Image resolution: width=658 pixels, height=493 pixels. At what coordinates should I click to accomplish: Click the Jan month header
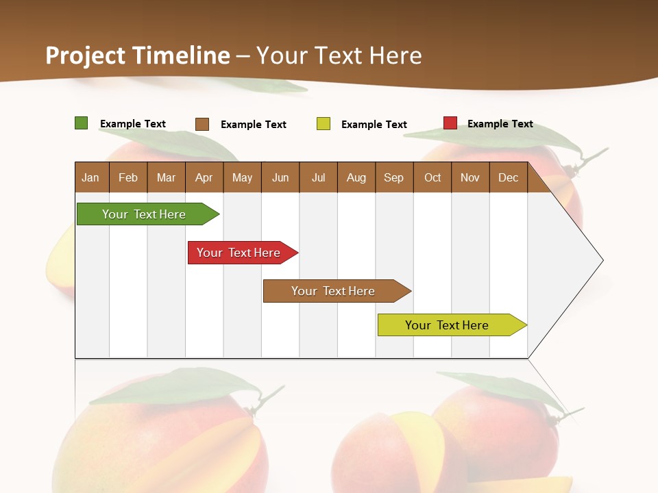pyautogui.click(x=91, y=177)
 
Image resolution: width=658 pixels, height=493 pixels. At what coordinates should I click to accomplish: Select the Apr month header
pyautogui.click(x=204, y=177)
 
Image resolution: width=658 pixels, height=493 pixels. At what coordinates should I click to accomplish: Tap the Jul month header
pyautogui.click(x=318, y=177)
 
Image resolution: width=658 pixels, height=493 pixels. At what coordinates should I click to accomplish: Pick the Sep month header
pyautogui.click(x=393, y=177)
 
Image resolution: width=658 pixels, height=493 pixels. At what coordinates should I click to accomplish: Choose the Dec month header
pyautogui.click(x=508, y=177)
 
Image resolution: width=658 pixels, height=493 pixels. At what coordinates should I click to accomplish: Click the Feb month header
pyautogui.click(x=128, y=177)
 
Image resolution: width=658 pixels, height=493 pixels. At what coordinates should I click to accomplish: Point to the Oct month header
pyautogui.click(x=432, y=177)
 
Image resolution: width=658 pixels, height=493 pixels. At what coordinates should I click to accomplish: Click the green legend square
pyautogui.click(x=82, y=123)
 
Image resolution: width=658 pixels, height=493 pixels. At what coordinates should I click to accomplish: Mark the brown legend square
pyautogui.click(x=202, y=124)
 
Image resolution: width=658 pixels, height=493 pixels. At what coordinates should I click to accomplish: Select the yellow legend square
pyautogui.click(x=324, y=124)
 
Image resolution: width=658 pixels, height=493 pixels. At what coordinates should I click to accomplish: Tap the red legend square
pyautogui.click(x=450, y=123)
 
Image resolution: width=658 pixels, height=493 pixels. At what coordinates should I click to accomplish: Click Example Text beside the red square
pyautogui.click(x=500, y=124)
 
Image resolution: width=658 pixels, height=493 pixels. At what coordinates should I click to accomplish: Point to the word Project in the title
pyautogui.click(x=86, y=55)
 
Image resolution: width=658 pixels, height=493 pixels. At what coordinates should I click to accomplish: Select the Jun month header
pyautogui.click(x=280, y=177)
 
